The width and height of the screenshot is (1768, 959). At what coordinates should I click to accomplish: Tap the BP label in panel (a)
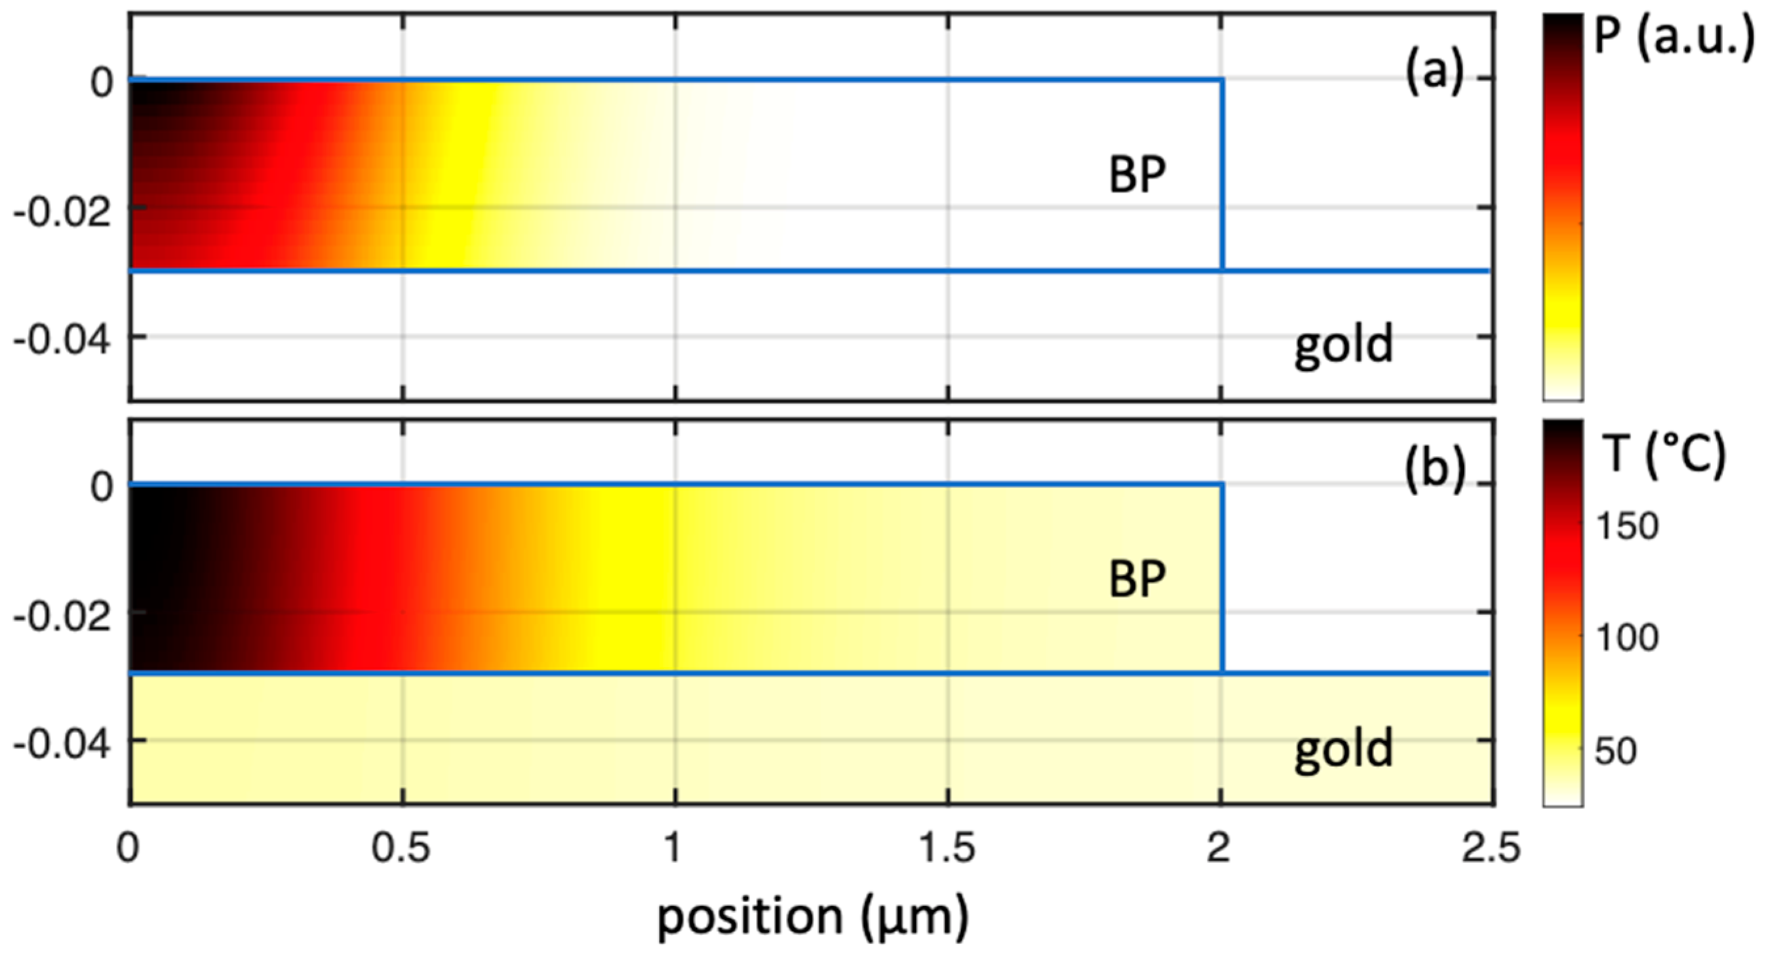point(1137,175)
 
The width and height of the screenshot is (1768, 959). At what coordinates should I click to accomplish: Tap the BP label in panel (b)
point(1137,580)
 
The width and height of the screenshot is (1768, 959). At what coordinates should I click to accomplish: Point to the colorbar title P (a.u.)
point(1672,38)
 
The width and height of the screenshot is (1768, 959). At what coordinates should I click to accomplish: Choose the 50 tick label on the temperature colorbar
point(1616,751)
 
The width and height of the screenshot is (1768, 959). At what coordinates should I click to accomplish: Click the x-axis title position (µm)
point(813,917)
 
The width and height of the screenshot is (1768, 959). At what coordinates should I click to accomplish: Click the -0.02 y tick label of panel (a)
point(62,212)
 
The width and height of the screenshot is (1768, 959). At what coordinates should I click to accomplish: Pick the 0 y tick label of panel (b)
point(102,487)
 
